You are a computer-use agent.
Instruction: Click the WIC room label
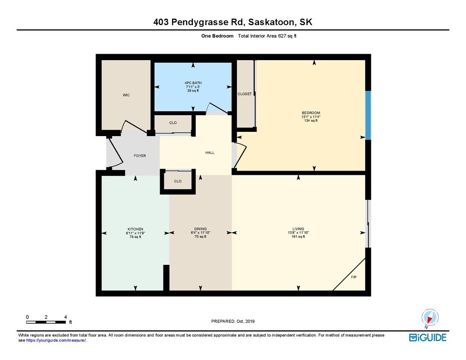coord(125,95)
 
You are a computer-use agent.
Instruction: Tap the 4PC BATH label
coord(193,83)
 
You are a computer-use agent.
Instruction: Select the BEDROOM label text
coord(311,113)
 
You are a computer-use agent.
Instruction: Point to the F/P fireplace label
coord(354,277)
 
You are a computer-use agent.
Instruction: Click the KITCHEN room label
coord(135,229)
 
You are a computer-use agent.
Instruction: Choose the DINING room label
coord(200,229)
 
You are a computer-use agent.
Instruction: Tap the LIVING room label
coord(298,229)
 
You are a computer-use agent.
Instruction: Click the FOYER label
coord(140,156)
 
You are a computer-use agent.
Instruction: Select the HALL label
coord(210,152)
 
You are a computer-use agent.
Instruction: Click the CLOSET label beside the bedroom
coord(245,94)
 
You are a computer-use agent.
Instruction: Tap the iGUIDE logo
coord(428,337)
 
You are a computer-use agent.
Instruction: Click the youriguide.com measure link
coord(56,340)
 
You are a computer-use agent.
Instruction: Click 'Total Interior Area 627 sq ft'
coord(267,36)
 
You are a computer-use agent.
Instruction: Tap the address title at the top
coord(233,22)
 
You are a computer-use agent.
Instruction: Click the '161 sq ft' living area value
coord(298,237)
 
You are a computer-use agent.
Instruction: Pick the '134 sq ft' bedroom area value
coord(311,121)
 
